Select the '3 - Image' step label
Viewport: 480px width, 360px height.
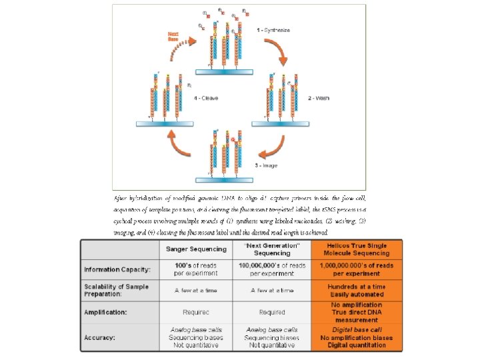pos(266,164)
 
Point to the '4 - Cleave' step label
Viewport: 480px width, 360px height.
pos(206,98)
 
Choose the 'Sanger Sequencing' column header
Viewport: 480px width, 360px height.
pos(196,250)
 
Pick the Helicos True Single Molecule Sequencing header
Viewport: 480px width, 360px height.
pos(357,250)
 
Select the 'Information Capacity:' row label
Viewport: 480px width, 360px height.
pos(117,269)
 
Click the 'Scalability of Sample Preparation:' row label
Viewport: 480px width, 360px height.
pos(117,291)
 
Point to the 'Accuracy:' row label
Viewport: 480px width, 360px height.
pos(101,337)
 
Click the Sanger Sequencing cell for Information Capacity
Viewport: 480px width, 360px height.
pos(196,269)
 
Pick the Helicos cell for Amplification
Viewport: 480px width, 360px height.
pos(357,311)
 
